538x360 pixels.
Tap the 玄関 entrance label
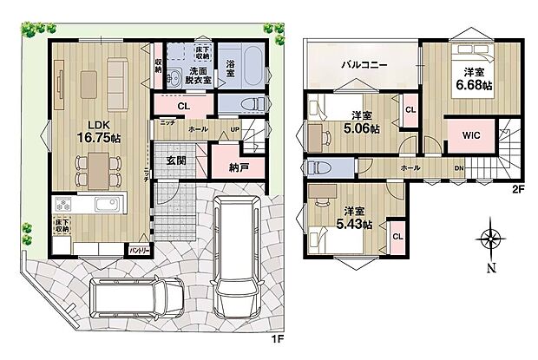coord(175,160)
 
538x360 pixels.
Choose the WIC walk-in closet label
coord(471,135)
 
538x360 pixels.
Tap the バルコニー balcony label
coord(362,65)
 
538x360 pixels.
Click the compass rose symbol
coord(492,239)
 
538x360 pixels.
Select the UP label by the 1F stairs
coord(234,129)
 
